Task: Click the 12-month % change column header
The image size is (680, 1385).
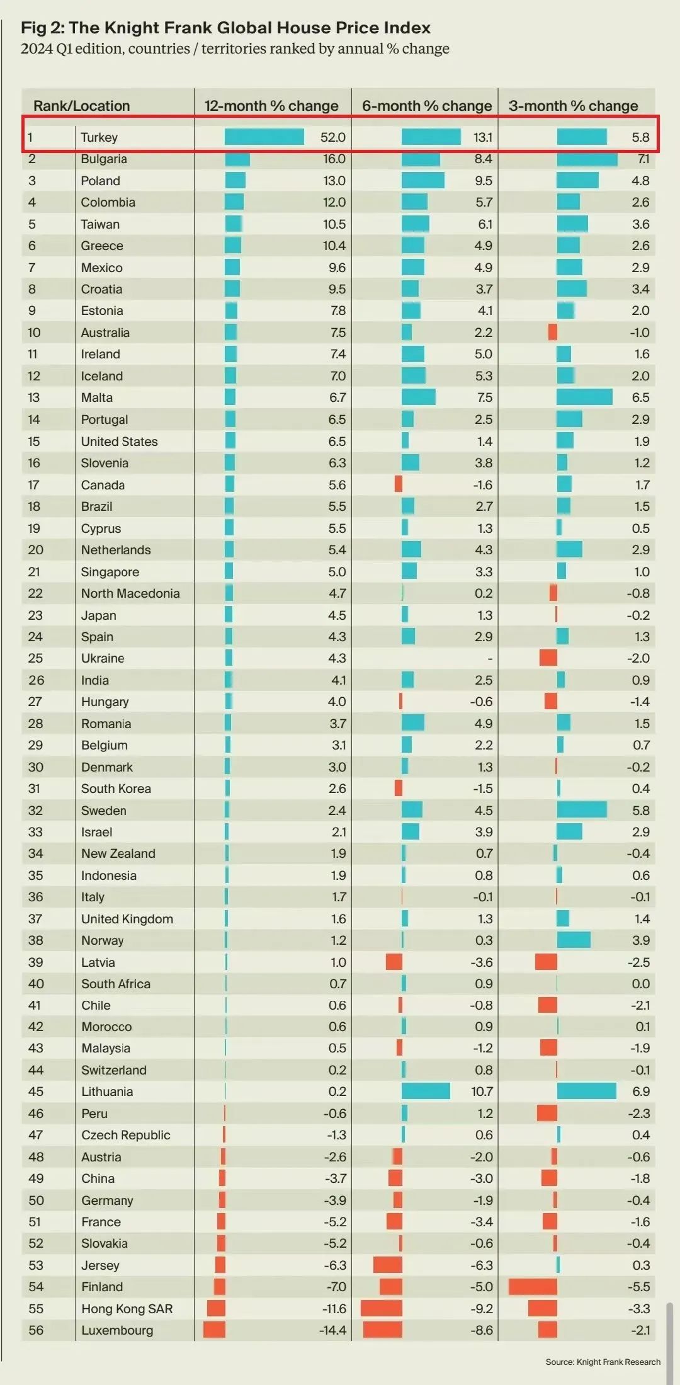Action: (x=271, y=106)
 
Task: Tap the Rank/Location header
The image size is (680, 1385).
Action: (x=81, y=106)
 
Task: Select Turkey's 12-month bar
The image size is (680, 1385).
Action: (x=264, y=137)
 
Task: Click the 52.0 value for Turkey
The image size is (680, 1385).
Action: (x=333, y=137)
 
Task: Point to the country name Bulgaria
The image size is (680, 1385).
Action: (x=104, y=159)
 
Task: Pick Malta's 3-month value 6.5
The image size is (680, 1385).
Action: (x=640, y=397)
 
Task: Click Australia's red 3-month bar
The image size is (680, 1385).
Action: (x=552, y=332)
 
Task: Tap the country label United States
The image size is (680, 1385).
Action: (x=119, y=442)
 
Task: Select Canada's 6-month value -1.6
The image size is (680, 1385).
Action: (x=482, y=485)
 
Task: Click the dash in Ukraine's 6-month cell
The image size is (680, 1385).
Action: (x=490, y=659)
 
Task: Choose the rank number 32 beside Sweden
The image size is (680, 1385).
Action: (x=35, y=811)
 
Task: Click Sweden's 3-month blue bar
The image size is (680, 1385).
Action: (x=582, y=810)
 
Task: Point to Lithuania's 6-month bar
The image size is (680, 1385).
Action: (x=426, y=1091)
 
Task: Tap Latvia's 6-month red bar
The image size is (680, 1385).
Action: (x=394, y=962)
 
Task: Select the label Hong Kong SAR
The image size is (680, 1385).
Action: (x=127, y=1309)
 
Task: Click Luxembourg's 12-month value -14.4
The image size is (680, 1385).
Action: (x=334, y=1330)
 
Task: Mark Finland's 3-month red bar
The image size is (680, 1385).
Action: (x=533, y=1287)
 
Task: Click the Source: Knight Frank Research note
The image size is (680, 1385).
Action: (x=603, y=1362)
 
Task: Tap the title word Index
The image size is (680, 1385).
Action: (x=407, y=28)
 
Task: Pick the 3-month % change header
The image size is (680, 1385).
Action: (x=573, y=106)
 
